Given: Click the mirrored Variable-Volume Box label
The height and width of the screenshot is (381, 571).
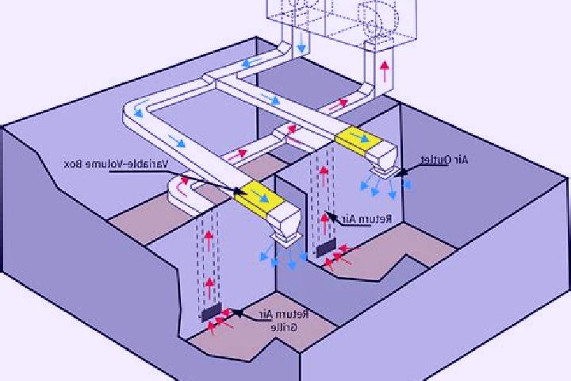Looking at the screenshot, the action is click(x=116, y=164).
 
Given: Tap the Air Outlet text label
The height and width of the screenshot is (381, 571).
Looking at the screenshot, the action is click(x=444, y=160).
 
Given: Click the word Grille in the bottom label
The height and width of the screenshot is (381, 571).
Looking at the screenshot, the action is click(x=284, y=327).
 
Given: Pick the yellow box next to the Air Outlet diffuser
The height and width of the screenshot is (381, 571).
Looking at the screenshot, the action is click(x=358, y=139).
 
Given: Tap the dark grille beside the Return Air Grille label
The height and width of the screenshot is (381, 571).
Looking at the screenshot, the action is click(x=211, y=313).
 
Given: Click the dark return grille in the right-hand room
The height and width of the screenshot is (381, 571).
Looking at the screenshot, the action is click(x=326, y=248).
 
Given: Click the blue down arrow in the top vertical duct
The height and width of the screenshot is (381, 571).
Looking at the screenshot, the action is click(x=301, y=44).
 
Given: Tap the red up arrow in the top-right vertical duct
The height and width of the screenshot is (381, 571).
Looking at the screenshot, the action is click(x=384, y=71).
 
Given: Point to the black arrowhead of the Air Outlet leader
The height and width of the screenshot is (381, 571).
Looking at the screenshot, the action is click(x=401, y=173).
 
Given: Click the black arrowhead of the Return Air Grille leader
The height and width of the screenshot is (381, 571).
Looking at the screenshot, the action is click(x=237, y=313).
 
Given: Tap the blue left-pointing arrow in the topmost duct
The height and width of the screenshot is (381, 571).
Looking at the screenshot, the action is click(x=251, y=63).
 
